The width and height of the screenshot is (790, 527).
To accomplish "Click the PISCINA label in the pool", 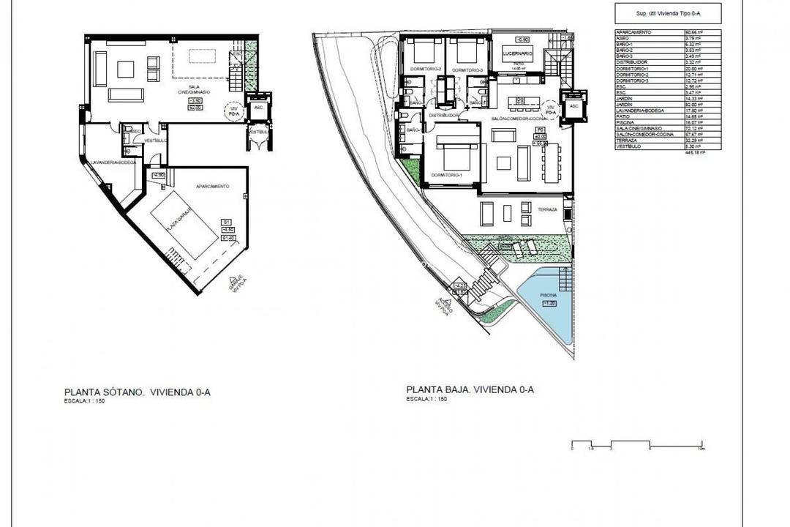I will point(547,296).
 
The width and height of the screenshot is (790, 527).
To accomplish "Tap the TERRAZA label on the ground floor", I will point(547,209).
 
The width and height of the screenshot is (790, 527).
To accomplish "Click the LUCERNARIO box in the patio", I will point(517,55).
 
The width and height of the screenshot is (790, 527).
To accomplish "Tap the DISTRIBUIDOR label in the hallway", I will point(443,116).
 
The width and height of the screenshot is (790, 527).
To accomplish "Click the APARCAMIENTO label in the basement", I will point(213,187).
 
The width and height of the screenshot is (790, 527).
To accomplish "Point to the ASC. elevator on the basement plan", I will point(257,107).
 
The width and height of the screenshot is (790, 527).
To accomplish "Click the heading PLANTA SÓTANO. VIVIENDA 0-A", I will point(138,392).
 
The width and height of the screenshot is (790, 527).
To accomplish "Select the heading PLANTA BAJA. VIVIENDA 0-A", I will point(470,390).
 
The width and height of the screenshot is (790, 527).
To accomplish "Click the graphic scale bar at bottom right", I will point(637,444).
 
